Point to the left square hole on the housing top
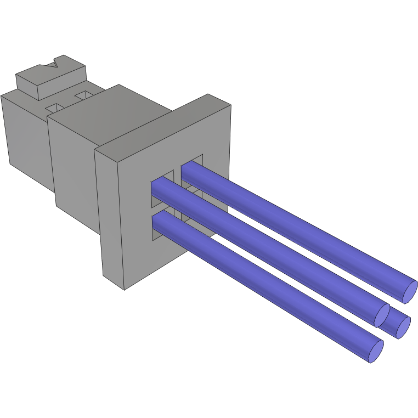point(55,107)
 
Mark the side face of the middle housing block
point(74,170)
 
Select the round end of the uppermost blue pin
point(410,291)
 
